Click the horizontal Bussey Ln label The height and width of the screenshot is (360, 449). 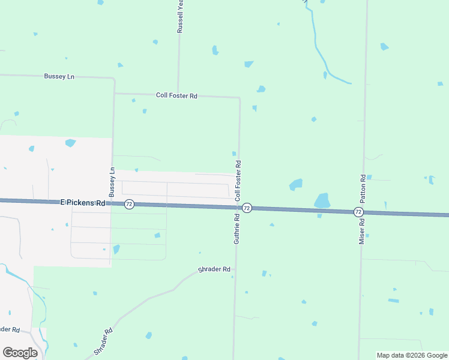[59, 77]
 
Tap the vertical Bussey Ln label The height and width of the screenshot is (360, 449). [112, 182]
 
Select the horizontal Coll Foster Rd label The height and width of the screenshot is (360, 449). [176, 95]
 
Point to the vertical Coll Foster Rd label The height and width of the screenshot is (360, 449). [238, 180]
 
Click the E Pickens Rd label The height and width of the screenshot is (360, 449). [83, 203]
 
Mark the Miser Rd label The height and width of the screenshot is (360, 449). [362, 230]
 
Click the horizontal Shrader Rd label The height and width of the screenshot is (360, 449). [214, 269]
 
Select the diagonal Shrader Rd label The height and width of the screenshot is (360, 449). [103, 341]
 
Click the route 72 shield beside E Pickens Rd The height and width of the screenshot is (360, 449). [129, 205]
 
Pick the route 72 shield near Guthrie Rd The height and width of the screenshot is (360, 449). [247, 208]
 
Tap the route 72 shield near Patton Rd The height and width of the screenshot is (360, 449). [358, 212]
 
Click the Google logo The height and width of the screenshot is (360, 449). [20, 353]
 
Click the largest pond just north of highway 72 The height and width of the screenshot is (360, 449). [322, 200]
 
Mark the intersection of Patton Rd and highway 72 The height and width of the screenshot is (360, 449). [363, 212]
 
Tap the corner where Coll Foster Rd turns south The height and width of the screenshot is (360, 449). [240, 97]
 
